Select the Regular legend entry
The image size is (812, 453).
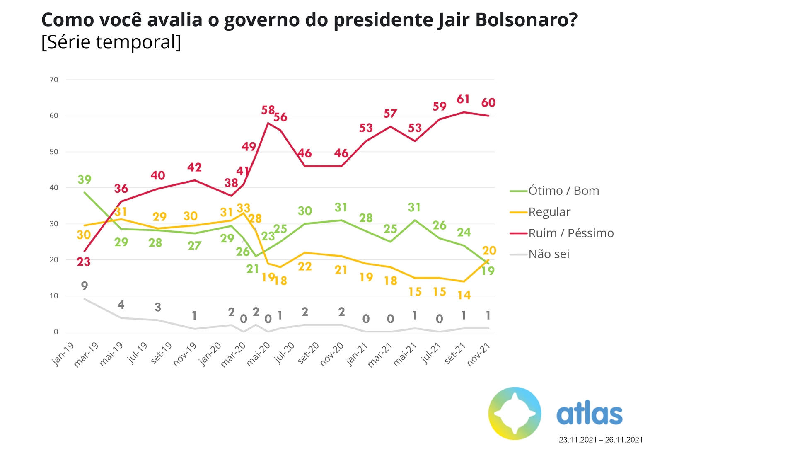click(x=549, y=212)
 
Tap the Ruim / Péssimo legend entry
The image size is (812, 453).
click(x=571, y=233)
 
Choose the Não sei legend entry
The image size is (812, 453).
click(x=549, y=254)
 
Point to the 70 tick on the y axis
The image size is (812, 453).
click(x=54, y=80)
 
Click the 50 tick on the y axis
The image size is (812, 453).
click(x=54, y=152)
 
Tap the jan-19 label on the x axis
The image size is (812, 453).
click(x=63, y=354)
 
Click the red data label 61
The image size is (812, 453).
click(x=463, y=99)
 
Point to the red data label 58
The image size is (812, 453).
click(x=268, y=110)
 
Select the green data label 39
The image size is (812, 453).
click(x=85, y=179)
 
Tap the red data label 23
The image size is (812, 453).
click(x=84, y=262)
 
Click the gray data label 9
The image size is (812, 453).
click(x=85, y=286)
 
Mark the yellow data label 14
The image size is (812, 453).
click(x=464, y=295)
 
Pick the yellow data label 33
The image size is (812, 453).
click(x=244, y=208)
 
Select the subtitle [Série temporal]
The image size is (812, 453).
click(x=111, y=42)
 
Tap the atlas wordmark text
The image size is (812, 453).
click(x=589, y=414)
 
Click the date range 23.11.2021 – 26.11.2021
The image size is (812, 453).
click(x=601, y=440)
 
